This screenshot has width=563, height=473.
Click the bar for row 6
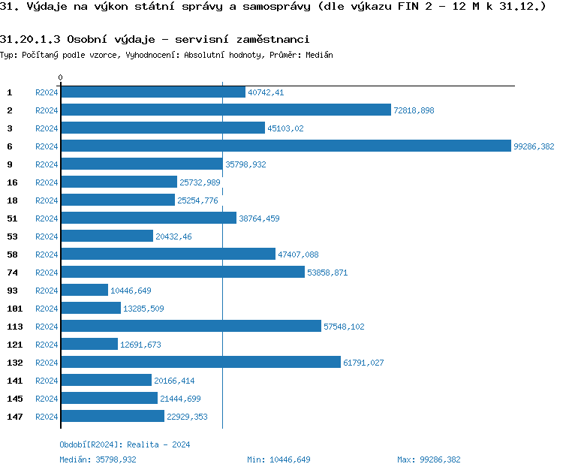(x=285, y=146)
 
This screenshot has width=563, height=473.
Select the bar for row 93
(x=84, y=291)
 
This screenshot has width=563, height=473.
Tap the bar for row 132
(x=200, y=363)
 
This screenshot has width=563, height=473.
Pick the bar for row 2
(x=226, y=110)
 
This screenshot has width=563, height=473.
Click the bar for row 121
(x=89, y=345)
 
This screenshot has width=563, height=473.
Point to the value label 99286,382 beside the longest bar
(x=534, y=146)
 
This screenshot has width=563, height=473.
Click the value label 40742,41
(x=266, y=92)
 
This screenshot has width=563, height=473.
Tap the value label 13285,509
(x=143, y=309)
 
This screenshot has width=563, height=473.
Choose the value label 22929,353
(x=187, y=417)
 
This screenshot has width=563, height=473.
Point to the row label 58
(x=12, y=255)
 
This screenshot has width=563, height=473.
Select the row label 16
(x=12, y=182)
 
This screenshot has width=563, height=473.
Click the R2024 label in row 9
(x=47, y=164)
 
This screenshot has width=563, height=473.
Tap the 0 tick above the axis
(x=61, y=77)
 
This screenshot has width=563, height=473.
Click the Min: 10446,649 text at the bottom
(x=278, y=459)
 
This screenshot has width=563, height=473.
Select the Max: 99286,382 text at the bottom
(x=429, y=459)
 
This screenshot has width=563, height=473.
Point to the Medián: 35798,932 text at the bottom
(x=98, y=459)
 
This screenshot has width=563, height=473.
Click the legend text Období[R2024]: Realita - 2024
(x=125, y=444)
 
